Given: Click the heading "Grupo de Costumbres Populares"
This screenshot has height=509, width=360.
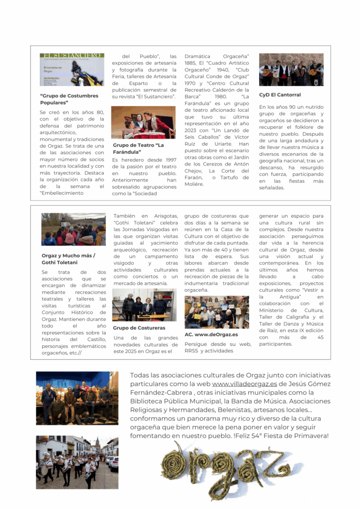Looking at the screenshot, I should click(x=69, y=98).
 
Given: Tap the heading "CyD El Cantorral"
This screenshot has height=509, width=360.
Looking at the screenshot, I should click(x=279, y=95).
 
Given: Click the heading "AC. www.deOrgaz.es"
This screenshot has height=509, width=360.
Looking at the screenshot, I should click(x=211, y=335).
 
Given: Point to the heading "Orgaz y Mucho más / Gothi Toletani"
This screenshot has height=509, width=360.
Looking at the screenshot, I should click(x=69, y=259).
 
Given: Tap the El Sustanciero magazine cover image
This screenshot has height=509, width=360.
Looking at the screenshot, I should click(x=72, y=70).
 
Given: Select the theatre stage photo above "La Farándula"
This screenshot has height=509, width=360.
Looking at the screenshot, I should click(x=143, y=122).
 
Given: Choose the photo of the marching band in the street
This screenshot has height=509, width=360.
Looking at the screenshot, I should click(x=77, y=462).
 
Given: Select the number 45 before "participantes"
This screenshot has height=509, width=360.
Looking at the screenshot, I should click(x=320, y=338).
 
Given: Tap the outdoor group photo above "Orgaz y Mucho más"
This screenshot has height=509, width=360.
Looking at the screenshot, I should click(x=73, y=230).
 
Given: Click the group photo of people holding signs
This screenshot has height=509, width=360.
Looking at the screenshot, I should click(x=216, y=312).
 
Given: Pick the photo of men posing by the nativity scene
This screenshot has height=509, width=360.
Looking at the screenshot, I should click(x=77, y=398).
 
